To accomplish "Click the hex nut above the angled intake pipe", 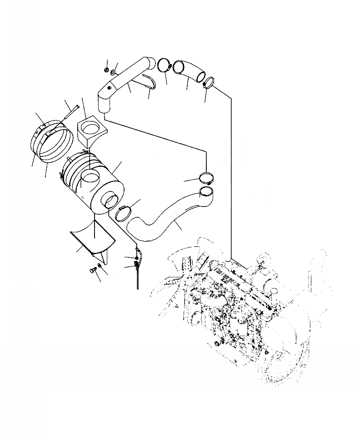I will tap(105, 70).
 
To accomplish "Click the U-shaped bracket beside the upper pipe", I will tap(149, 80).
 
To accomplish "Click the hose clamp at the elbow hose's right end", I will tap(209, 82).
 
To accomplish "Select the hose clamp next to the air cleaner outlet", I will tap(123, 212).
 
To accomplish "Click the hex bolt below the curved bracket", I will tap(93, 271).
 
